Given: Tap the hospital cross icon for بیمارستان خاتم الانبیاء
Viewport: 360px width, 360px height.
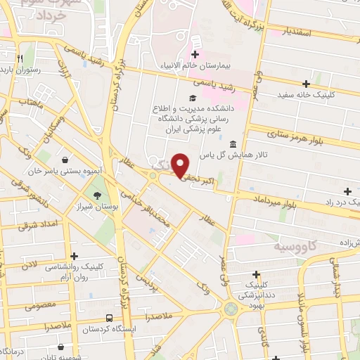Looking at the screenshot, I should tap(195, 55).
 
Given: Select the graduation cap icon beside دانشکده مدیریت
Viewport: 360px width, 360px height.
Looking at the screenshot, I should tap(191, 98).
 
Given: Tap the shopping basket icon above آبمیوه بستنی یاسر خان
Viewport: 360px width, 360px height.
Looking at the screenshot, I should tap(65, 160).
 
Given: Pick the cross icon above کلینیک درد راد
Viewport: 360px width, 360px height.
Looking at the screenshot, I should tap(348, 191).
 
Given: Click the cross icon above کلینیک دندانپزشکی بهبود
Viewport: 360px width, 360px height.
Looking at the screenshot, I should tap(257, 275).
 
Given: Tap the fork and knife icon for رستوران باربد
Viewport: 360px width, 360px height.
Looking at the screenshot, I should tap(22, 57).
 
